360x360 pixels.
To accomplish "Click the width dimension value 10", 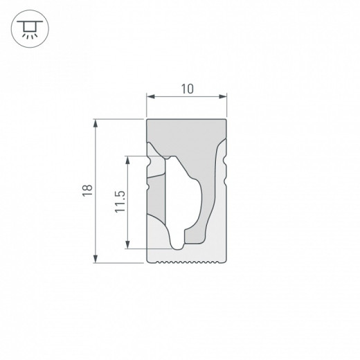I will [187, 89].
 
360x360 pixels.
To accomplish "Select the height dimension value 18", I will [85, 191].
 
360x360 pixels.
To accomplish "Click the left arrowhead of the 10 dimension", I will [150, 98].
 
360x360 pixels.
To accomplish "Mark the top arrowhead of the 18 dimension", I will [96, 123].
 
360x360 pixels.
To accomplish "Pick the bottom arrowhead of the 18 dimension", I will [96, 260].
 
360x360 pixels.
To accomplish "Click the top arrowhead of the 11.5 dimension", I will [128, 159].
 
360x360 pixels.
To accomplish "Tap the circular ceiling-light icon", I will [26, 27].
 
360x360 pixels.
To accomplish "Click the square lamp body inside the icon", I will [26, 26].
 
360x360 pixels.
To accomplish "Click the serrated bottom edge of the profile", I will [187, 263].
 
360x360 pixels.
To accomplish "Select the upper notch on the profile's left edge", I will [148, 161].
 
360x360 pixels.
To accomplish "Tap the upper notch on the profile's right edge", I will [225, 161].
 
